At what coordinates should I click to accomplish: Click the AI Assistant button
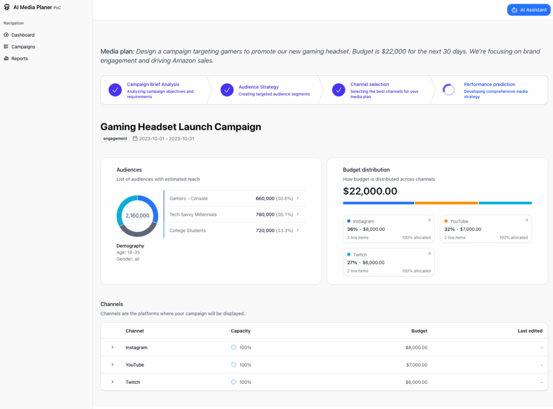click(x=529, y=10)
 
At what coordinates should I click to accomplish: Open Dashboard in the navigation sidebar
click(x=23, y=35)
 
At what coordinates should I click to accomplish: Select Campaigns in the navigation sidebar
click(x=23, y=47)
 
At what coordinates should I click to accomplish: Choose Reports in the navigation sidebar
click(x=19, y=58)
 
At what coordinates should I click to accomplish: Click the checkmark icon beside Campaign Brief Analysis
click(x=115, y=90)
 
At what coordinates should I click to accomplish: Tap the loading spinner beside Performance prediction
click(x=449, y=90)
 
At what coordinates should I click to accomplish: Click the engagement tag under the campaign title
click(x=115, y=139)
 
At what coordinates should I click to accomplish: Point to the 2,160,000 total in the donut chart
click(x=137, y=215)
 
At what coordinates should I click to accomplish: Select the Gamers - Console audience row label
click(x=188, y=199)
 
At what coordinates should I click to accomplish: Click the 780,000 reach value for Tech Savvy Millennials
click(x=265, y=214)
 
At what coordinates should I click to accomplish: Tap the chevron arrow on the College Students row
click(x=298, y=230)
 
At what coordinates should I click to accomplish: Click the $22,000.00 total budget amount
click(x=370, y=191)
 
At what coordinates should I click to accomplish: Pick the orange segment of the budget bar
click(x=446, y=203)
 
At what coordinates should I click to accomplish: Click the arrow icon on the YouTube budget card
click(x=526, y=221)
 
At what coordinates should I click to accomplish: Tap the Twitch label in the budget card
click(x=360, y=255)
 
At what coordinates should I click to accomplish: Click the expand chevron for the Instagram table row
click(x=112, y=347)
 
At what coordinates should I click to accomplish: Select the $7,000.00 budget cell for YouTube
click(x=416, y=365)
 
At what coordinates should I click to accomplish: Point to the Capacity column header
click(x=240, y=331)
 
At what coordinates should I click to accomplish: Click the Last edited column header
click(x=530, y=331)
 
